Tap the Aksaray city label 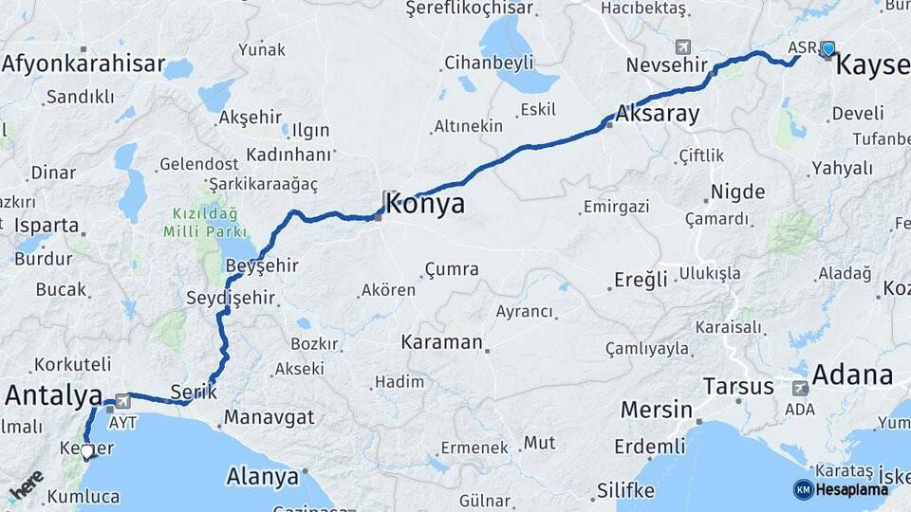click(658, 115)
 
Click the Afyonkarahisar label click(84, 64)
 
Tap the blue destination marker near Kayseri click(828, 49)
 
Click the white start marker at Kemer click(87, 452)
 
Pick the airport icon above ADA click(800, 388)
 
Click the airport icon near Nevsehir click(683, 46)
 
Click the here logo click(26, 485)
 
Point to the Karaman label click(442, 341)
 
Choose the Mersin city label click(656, 410)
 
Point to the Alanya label click(262, 476)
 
